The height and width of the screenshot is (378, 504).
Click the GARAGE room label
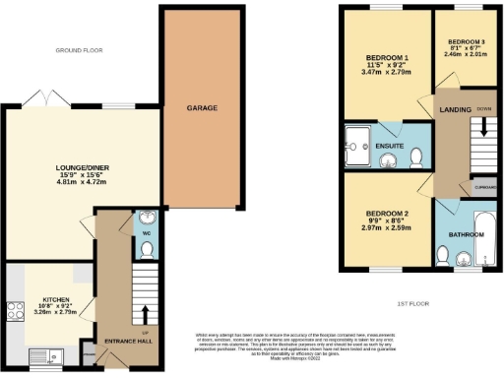click(x=202, y=107)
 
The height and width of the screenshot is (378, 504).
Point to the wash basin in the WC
click(x=145, y=219)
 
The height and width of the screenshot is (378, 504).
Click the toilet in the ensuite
click(x=416, y=157)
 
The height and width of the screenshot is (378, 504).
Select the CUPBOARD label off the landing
click(x=485, y=185)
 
